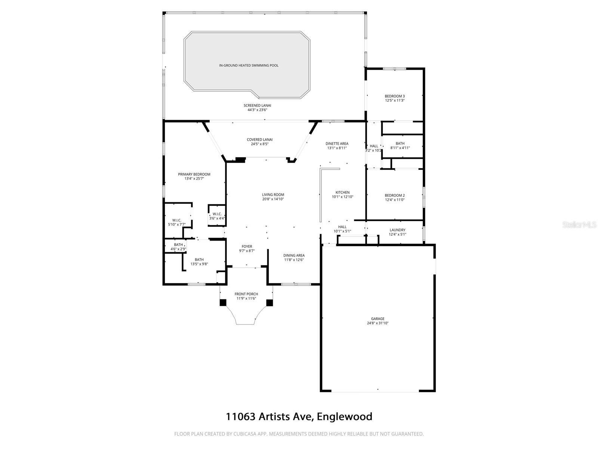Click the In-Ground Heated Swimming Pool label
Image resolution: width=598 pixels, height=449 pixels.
pos(249,65)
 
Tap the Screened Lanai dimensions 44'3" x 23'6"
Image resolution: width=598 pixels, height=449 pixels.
pos(257,110)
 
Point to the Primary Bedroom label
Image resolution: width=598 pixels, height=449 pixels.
pos(194,174)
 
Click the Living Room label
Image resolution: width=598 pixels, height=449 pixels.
pos(273,195)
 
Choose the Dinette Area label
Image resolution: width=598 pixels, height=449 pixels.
pos(337,143)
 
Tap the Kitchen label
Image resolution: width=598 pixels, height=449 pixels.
pos(342,192)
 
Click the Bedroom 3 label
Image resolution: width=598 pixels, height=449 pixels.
pos(395,96)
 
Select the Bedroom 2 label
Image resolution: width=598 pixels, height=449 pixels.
pos(395,195)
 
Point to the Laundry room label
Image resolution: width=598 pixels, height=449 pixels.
pos(397,230)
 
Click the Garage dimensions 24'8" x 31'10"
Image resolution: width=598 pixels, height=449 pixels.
pos(377,323)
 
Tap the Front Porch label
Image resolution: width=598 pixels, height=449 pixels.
pos(246,294)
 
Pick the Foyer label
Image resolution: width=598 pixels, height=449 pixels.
pos(247,246)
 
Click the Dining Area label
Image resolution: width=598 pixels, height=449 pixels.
pos(294,256)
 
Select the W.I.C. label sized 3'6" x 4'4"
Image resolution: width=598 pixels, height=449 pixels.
pos(217,214)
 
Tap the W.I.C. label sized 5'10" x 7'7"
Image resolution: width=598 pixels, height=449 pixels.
pos(177,220)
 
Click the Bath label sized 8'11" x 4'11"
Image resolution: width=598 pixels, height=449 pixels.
pos(400,143)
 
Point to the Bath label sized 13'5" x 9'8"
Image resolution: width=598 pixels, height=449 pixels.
pos(199,260)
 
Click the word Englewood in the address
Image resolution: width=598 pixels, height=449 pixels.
pos(344,416)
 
